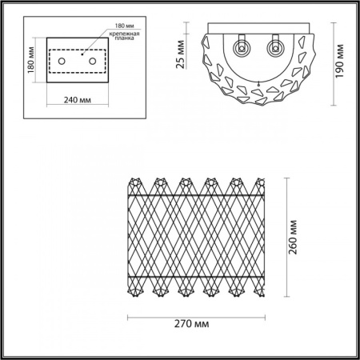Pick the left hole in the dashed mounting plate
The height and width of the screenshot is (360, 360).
(62, 61)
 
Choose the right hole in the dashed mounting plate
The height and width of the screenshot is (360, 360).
(92, 61)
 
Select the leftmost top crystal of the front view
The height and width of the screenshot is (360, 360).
(135, 183)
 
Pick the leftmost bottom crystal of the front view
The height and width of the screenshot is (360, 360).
(135, 286)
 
